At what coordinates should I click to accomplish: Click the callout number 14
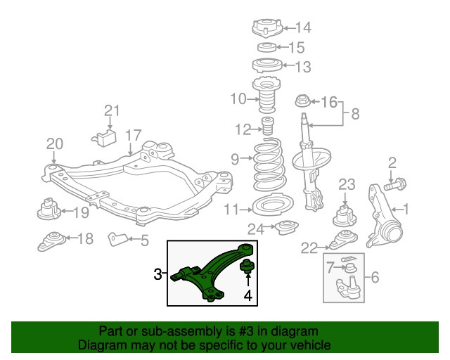302,28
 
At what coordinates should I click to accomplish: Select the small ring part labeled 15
266,48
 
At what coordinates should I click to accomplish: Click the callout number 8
355,112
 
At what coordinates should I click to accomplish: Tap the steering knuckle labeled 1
382,214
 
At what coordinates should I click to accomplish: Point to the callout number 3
158,273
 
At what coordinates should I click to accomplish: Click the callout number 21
112,110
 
